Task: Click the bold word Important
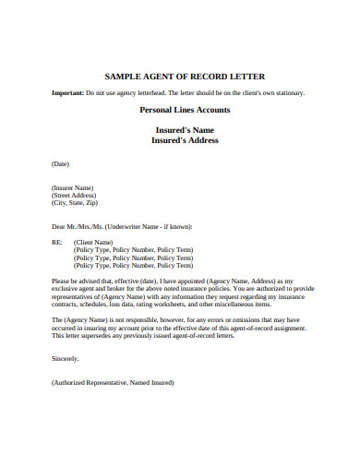point(68,93)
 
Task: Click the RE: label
point(58,241)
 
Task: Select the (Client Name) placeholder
point(99,241)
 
